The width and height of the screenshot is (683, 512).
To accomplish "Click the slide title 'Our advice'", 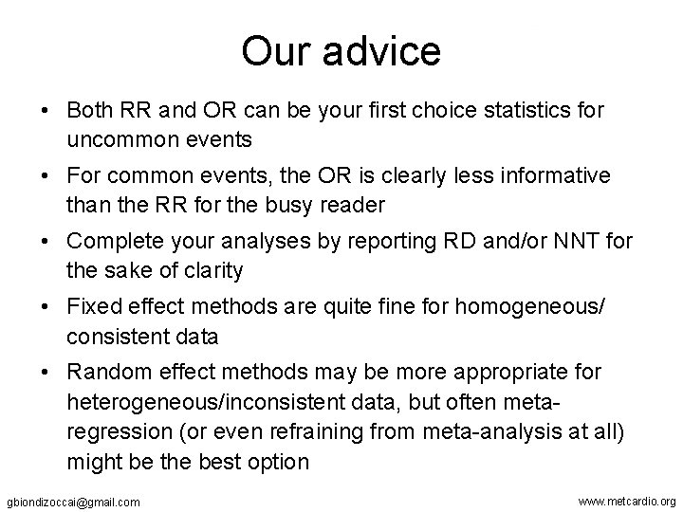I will [341, 51].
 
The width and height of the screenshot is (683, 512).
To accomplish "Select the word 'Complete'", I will [109, 243].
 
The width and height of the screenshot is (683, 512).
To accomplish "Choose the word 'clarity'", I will [212, 270].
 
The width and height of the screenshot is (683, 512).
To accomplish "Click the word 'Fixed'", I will [91, 308].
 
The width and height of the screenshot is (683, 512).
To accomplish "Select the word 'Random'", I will [101, 373].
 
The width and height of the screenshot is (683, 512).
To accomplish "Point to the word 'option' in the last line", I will [279, 462].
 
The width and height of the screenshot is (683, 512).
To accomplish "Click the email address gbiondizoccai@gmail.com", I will [73, 501].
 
